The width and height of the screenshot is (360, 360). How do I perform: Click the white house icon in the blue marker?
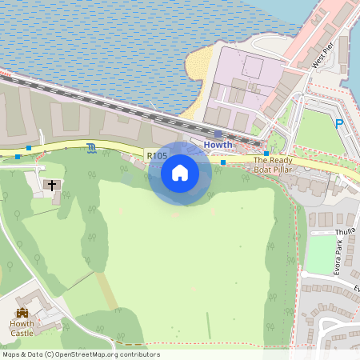pyautogui.click(x=180, y=172)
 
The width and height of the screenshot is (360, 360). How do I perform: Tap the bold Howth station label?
pyautogui.click(x=218, y=145)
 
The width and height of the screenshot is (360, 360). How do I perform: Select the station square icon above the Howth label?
pyautogui.click(x=218, y=134)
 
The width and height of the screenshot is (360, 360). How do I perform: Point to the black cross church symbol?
pyautogui.click(x=53, y=186)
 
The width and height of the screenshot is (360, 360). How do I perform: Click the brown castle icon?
pyautogui.click(x=22, y=312)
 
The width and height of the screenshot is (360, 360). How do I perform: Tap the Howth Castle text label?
pyautogui.click(x=22, y=327)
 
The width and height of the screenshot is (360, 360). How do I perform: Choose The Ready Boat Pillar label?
pyautogui.click(x=273, y=164)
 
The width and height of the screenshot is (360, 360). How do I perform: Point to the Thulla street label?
pyautogui.click(x=345, y=230)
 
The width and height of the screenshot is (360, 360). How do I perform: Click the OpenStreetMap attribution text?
pyautogui.click(x=80, y=354)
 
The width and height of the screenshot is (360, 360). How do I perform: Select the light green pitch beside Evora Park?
pyautogui.click(x=320, y=254)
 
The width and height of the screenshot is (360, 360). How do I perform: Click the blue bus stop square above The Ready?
pyautogui.click(x=266, y=153)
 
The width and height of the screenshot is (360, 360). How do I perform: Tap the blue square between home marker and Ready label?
pyautogui.click(x=223, y=162)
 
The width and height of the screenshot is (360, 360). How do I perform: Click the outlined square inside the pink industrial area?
pyautogui.click(x=253, y=66)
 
